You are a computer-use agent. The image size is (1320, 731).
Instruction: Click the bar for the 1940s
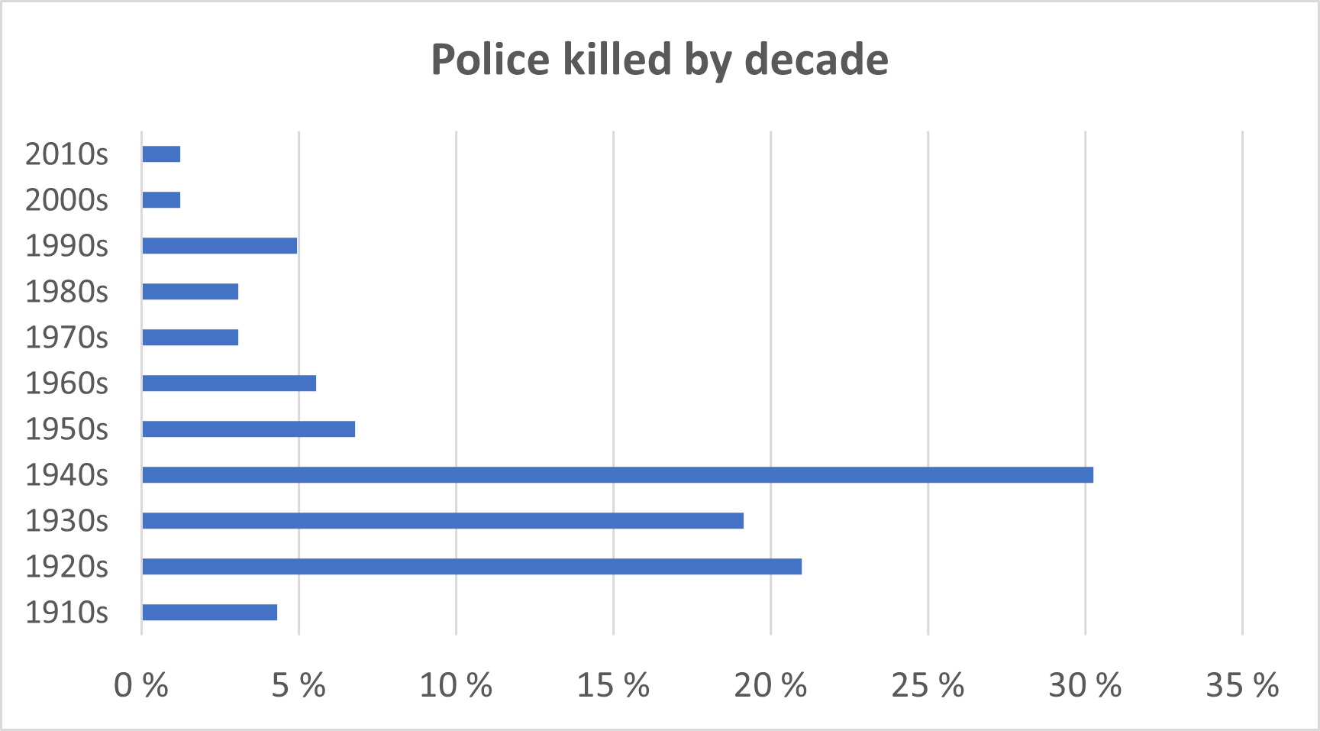617,475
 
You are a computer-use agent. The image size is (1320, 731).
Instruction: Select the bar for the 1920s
471,567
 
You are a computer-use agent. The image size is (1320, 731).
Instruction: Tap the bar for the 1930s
442,521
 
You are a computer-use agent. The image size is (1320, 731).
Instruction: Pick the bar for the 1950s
248,429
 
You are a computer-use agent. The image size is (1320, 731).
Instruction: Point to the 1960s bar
228,383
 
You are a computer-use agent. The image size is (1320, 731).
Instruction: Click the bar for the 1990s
219,246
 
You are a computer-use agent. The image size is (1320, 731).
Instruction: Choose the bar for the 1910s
209,613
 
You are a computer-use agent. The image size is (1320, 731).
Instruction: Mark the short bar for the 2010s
161,154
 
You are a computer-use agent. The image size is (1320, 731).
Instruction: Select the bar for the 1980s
190,292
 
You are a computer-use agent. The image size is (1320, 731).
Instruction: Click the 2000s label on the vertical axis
67,200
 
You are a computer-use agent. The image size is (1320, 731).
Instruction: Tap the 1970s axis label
67,338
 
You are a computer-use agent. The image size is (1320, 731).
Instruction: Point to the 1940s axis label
67,475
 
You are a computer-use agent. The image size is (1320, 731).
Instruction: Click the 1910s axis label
67,613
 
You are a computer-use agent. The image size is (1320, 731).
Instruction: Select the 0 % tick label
141,686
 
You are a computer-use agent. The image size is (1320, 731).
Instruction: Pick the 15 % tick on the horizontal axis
613,686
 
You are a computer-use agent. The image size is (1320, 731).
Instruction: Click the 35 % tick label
1242,686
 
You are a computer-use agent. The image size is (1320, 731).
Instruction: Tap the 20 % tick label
770,686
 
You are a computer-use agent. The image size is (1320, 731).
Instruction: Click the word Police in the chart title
490,60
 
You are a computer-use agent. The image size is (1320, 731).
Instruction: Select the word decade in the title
816,60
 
